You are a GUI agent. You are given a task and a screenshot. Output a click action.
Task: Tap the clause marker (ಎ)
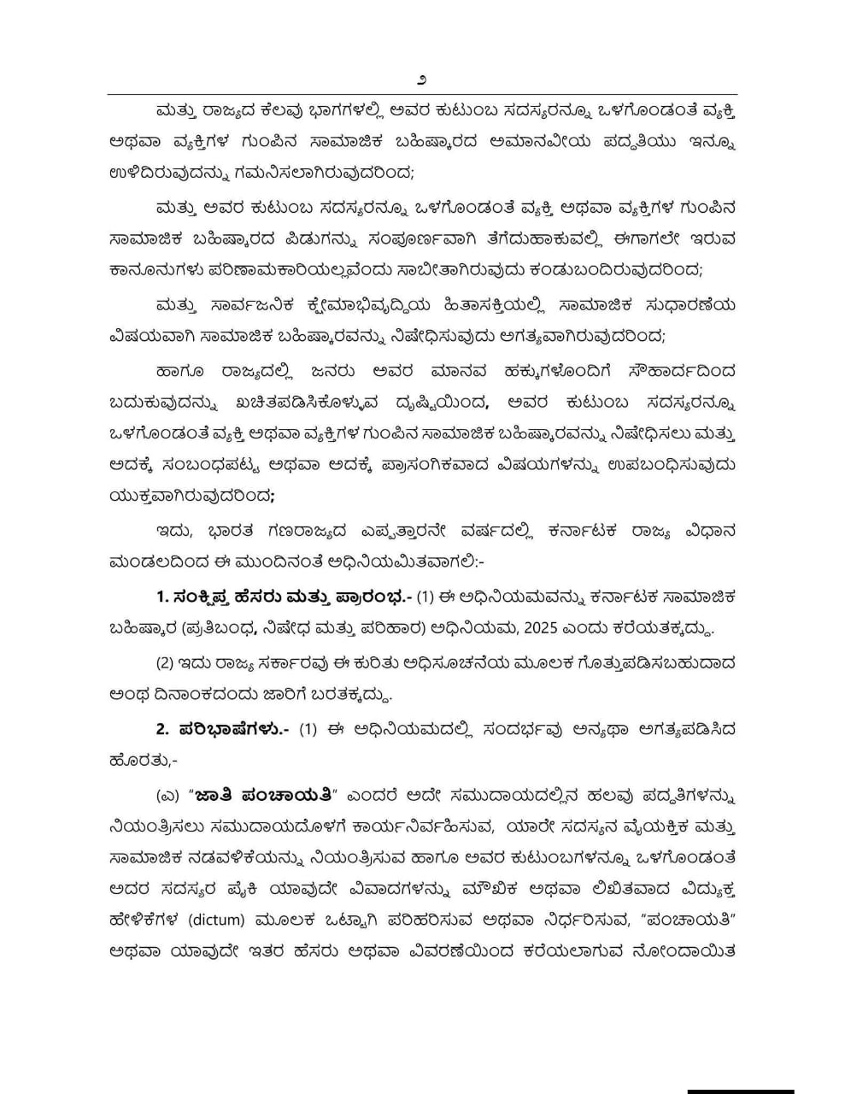coord(168,797)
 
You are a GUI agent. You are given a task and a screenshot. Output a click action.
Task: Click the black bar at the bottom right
coord(740,1091)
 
